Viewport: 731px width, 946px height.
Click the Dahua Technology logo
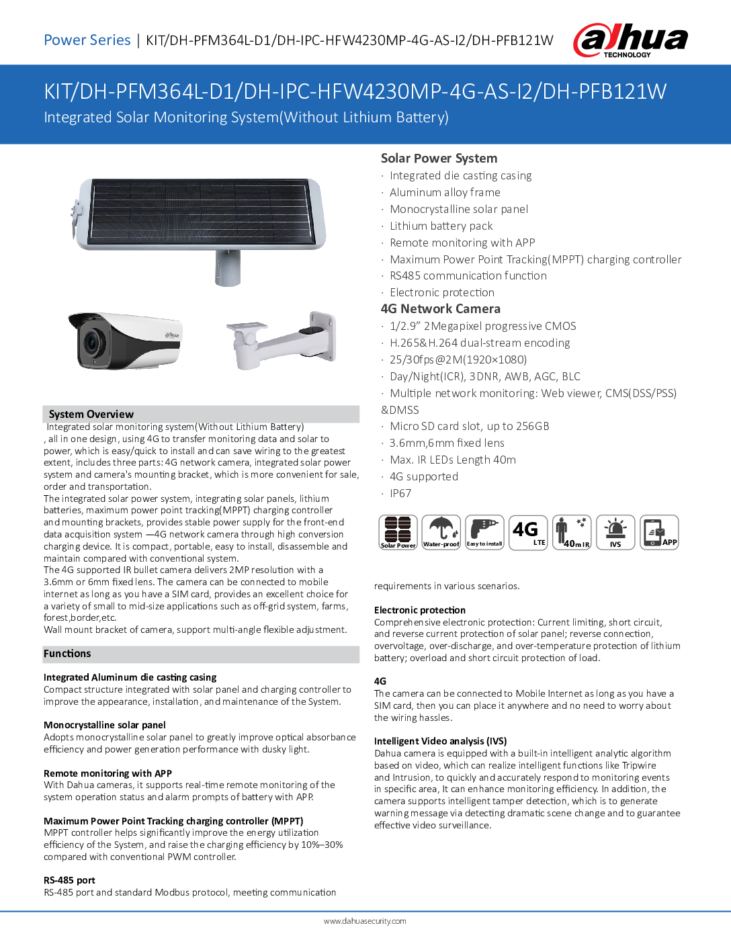tap(630, 40)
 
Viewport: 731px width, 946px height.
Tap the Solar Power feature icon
tap(398, 532)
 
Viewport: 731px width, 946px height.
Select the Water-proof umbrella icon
tap(441, 532)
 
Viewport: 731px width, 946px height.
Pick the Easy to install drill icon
tap(484, 532)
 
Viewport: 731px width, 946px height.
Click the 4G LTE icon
tap(528, 532)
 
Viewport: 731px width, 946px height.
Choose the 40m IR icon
tap(572, 532)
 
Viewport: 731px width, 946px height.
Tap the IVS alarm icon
tap(615, 532)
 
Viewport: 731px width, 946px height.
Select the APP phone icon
tap(659, 532)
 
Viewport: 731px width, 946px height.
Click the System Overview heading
tap(91, 415)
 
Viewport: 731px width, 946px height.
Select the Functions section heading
tap(67, 654)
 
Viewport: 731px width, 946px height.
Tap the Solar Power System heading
tap(439, 159)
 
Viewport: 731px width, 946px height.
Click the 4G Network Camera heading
tap(440, 309)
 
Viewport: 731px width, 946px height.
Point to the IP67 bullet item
tap(400, 493)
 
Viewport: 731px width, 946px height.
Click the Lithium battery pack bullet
tap(441, 226)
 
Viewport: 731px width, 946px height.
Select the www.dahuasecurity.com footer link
tap(365, 921)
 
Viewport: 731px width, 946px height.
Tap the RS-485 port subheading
tap(69, 880)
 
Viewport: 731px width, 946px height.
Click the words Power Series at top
tap(87, 40)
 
